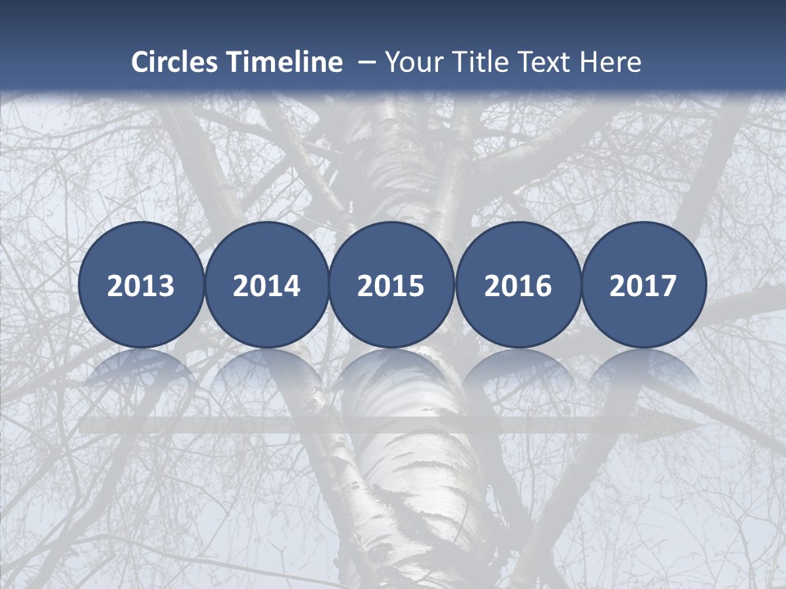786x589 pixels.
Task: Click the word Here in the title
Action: [611, 62]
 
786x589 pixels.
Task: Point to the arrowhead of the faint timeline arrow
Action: [684, 427]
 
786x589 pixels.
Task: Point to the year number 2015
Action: [391, 286]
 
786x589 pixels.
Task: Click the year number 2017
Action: [644, 286]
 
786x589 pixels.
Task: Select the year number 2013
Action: [141, 286]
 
